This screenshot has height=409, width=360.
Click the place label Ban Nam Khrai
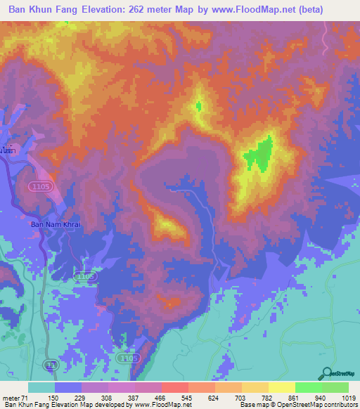(56, 224)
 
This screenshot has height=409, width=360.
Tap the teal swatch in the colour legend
(41, 387)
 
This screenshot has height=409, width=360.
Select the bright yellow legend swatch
(281, 387)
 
